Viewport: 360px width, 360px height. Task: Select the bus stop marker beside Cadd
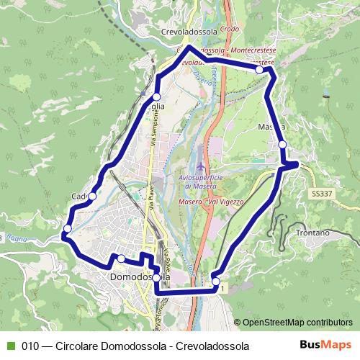(91, 196)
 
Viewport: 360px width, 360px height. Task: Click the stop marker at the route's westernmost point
(67, 229)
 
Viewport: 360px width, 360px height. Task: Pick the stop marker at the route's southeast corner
(216, 281)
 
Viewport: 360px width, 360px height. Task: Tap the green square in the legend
(9, 346)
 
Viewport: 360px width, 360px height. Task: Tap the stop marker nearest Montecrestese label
(259, 70)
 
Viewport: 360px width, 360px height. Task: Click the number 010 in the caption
(30, 346)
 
